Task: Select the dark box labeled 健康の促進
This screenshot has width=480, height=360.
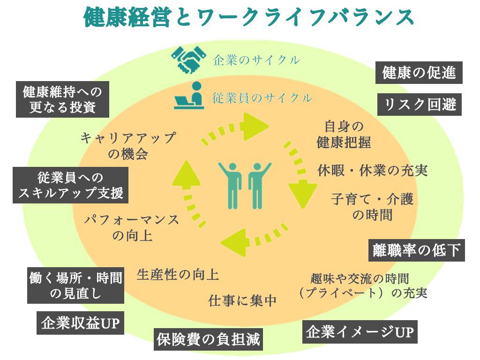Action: click(x=419, y=73)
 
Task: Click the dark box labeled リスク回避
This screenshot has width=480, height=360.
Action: click(x=420, y=104)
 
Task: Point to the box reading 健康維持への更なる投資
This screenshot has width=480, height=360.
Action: click(x=62, y=99)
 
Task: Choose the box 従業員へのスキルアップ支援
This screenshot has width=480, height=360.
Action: click(x=70, y=186)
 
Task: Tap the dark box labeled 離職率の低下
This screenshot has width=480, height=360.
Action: click(x=417, y=250)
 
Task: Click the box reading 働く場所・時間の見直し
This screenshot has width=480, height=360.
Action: click(x=75, y=286)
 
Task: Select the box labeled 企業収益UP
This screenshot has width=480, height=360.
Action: click(x=80, y=323)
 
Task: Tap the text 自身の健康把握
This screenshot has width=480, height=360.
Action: click(x=344, y=135)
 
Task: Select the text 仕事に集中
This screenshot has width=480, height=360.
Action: click(x=243, y=300)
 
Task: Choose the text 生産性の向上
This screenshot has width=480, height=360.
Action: click(x=178, y=274)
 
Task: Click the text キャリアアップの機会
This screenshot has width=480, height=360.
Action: click(x=128, y=145)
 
